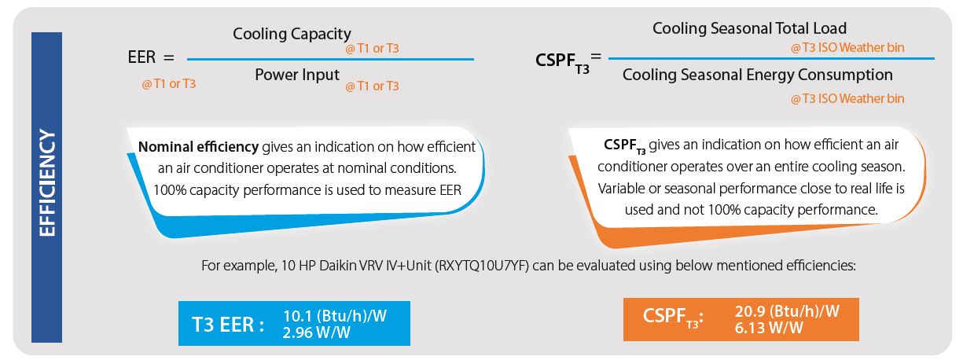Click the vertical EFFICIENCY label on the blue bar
tap(47, 183)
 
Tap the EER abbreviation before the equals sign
tap(142, 57)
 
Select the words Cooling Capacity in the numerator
tap(292, 34)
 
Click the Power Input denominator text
tap(297, 75)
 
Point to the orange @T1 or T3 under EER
tap(168, 83)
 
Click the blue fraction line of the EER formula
tap(330, 59)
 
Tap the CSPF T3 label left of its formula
tap(562, 62)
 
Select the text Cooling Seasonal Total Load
tap(749, 28)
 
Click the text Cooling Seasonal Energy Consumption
tap(758, 75)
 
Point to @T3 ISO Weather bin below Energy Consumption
tap(847, 98)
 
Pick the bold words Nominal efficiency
tap(198, 147)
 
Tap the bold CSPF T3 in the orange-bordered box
tap(625, 145)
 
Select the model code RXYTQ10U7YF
tap(481, 266)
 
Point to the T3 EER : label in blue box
tap(227, 325)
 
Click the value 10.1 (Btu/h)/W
tap(335, 316)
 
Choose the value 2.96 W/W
tap(316, 332)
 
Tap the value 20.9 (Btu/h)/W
tap(787, 311)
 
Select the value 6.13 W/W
tap(769, 328)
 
